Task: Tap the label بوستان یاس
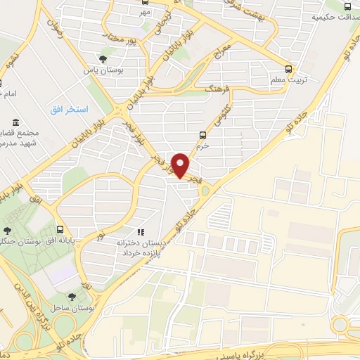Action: coord(98,70)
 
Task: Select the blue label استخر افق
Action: coord(69,110)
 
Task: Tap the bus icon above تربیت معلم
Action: coord(290,69)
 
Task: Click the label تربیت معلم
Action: coord(287,80)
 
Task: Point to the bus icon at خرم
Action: coord(202,134)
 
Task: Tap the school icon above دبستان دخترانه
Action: coord(140,231)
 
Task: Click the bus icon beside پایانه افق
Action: coord(60,229)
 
